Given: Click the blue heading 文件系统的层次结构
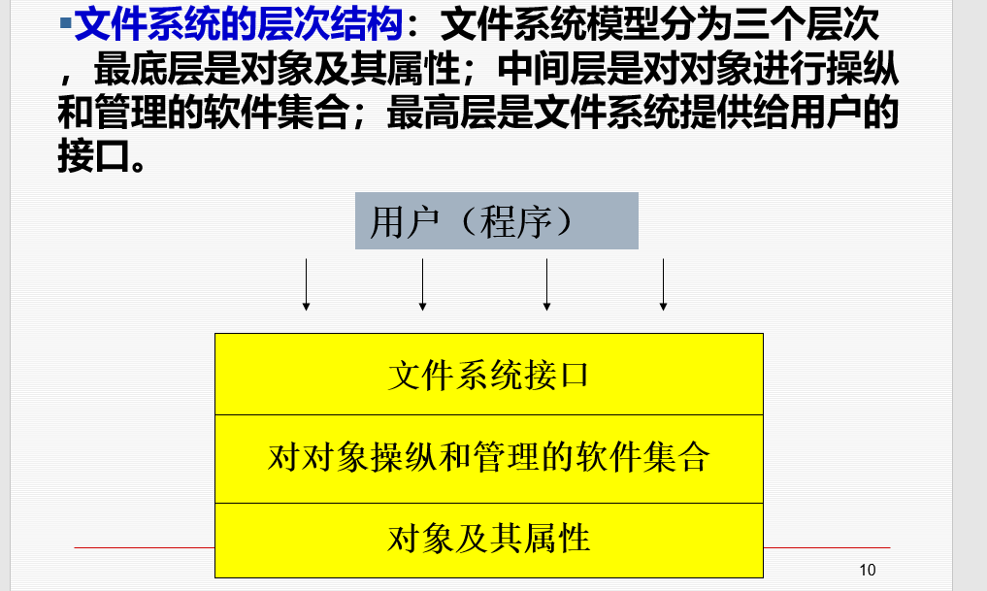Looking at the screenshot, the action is point(239,24).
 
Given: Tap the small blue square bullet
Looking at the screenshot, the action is point(65,23).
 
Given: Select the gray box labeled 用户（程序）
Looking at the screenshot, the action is point(497,221).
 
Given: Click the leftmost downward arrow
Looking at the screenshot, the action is point(306,284).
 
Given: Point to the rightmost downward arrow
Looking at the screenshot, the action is point(663,284).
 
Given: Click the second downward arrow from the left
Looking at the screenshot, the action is point(422,284).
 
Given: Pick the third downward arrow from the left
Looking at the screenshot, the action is point(546,284).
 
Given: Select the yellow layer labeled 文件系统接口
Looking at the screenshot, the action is point(489,375).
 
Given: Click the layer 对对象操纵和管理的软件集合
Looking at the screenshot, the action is point(489,459).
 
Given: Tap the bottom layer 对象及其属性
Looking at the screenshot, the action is point(489,540).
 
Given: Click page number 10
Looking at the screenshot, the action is point(868,570).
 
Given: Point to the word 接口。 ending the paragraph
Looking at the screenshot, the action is point(102,156).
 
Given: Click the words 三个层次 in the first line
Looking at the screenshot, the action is point(806,24).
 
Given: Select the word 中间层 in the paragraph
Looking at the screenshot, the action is point(551,68).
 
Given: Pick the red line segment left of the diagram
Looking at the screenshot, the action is point(145,547).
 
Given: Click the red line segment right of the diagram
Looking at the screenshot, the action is point(827,547).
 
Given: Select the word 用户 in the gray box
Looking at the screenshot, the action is point(404,221).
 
